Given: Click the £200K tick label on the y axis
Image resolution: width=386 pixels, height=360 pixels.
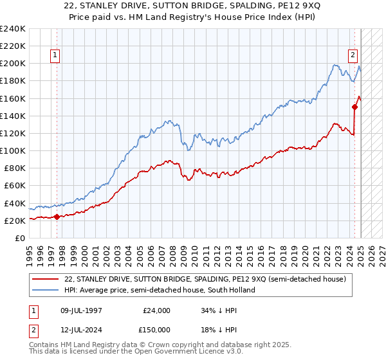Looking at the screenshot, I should [13, 64].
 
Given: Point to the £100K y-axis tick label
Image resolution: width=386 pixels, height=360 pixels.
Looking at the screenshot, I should [13, 150].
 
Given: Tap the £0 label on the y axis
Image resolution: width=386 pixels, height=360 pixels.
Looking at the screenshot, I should [19, 238].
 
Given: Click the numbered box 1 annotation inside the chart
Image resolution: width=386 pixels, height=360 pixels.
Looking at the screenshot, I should [56, 55].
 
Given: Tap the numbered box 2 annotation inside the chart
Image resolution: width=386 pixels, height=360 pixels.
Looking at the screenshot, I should [353, 55].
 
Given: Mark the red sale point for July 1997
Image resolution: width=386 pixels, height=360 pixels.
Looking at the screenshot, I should [57, 217].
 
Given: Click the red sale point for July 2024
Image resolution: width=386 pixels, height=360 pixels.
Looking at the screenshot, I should [354, 107].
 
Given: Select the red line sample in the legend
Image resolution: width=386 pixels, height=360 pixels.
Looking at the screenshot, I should [45, 279].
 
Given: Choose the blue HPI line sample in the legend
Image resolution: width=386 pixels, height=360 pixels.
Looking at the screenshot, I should [45, 290].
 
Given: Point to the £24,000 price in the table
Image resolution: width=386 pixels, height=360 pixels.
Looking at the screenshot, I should [156, 310].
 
